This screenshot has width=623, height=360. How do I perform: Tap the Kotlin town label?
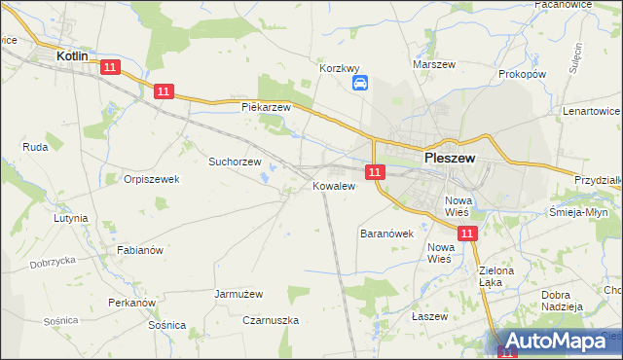coord(73,57)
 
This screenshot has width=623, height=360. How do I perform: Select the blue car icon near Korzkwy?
coord(359,84)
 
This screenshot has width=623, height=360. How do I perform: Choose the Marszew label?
coord(434,64)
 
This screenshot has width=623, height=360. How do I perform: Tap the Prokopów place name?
coord(522,74)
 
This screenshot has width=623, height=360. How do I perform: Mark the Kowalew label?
coord(332,186)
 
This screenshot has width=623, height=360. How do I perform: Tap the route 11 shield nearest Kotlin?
coord(109,67)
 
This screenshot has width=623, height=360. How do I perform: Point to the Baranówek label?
coord(387,234)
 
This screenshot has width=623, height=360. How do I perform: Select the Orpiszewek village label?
coord(153,179)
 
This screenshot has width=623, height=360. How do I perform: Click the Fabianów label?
coord(139,250)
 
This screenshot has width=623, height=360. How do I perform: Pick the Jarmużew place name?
coord(240,292)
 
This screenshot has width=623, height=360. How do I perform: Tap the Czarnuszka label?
coord(272,319)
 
